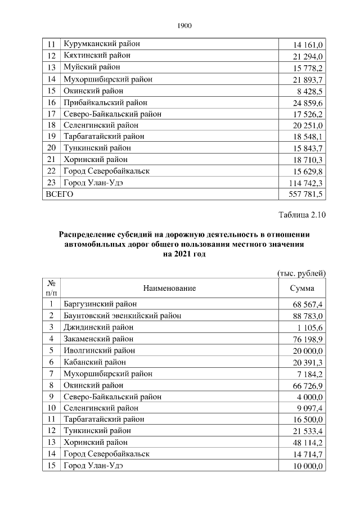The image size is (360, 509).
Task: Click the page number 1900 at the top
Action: point(185,25)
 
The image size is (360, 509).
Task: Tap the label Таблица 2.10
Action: point(302,215)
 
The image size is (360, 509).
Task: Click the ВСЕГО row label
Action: point(59,194)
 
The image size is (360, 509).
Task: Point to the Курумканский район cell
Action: point(102,44)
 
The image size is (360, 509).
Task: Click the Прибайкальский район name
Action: point(106,102)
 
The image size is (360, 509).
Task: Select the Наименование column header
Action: point(169,288)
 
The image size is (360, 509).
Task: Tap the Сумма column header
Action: point(301,288)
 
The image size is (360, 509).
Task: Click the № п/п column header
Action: point(51,288)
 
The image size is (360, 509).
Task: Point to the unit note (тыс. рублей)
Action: point(302,273)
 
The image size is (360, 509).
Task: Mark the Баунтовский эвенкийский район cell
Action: point(123,316)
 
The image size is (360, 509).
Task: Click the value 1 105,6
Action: point(307,327)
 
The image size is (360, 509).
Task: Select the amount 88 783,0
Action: point(305,316)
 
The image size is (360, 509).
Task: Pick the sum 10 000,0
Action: point(305,466)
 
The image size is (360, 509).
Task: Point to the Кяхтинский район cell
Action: point(97,56)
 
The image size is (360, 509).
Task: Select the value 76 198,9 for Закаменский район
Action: point(305,339)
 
